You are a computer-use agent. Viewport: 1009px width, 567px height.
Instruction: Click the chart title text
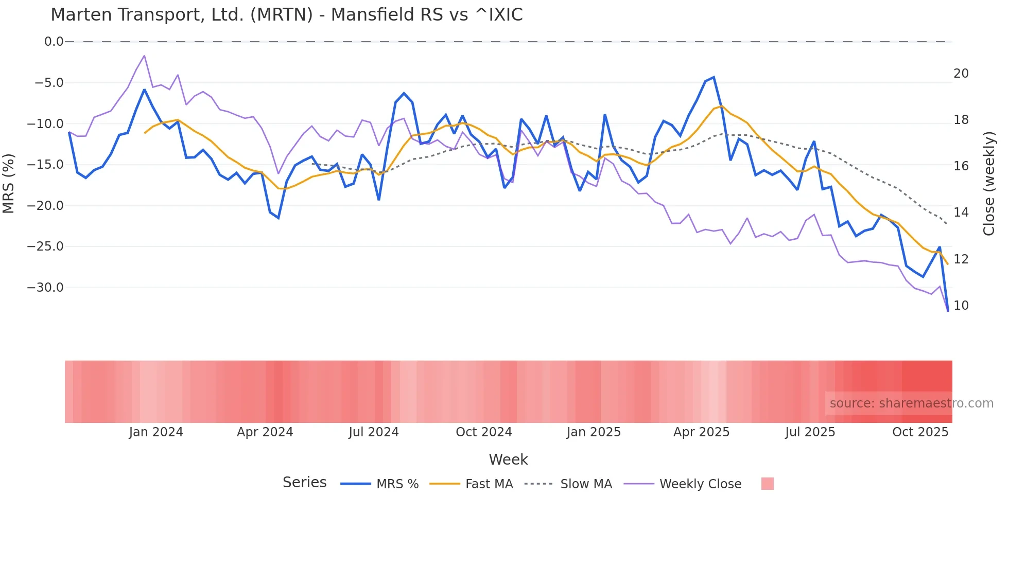tap(286, 15)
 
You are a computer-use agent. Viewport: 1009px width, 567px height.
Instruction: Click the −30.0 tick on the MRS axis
tap(45, 288)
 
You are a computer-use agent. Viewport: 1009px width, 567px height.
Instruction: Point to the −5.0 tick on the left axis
tap(49, 83)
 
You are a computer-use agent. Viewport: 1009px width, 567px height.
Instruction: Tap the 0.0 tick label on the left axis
tap(54, 42)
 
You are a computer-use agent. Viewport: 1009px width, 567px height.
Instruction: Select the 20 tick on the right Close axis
tap(961, 74)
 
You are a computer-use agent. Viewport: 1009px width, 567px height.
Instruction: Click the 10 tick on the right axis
tap(961, 306)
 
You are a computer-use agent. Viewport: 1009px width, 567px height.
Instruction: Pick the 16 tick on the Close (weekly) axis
tap(961, 166)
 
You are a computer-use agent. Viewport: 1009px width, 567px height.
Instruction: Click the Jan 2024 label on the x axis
tap(155, 432)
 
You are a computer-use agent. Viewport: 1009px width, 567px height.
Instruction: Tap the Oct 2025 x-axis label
tap(920, 432)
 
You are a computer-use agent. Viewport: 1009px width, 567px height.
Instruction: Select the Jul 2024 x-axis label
tap(374, 432)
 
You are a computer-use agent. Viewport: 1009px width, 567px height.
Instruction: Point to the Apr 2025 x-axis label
tap(701, 432)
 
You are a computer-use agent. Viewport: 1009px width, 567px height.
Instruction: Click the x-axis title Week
tap(508, 459)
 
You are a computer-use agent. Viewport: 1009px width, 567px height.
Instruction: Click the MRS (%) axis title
tap(9, 183)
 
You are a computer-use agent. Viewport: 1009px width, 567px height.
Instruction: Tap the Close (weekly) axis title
tap(989, 184)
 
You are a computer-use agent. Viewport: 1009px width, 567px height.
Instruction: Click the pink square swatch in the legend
tap(767, 484)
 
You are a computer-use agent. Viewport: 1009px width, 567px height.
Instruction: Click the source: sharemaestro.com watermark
tap(911, 403)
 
